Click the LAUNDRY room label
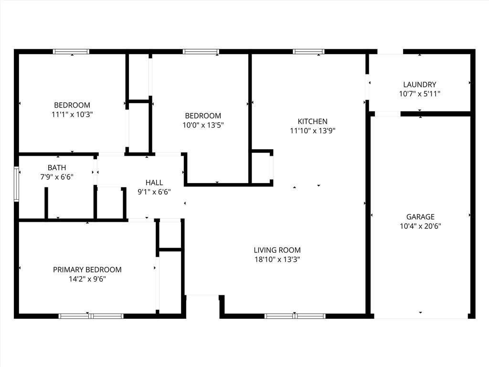coord(419,85)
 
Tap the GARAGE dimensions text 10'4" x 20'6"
coord(420,226)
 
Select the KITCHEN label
coord(312,121)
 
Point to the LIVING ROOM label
coord(277,250)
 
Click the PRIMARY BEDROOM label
coord(87,270)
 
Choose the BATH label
coord(57,168)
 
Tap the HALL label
coord(154,183)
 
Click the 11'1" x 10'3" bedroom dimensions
coord(72,115)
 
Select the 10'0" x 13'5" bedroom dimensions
coord(203,125)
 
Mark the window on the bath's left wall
coord(16,184)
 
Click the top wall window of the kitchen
coord(308,52)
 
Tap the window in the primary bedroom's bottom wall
coord(91,316)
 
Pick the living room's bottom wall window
coord(295,316)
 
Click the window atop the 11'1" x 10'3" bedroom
coord(71,52)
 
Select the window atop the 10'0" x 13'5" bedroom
coord(201,52)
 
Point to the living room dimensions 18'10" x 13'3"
coord(277,259)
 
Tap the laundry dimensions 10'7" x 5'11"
coord(419,94)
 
